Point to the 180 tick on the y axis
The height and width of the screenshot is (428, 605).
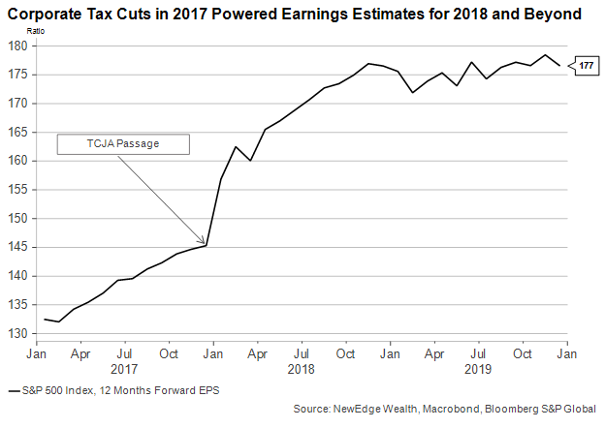(19, 46)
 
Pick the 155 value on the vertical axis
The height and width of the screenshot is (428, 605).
(19, 190)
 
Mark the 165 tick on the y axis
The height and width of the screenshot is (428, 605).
(19, 132)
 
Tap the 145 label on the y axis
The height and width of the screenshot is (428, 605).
(19, 247)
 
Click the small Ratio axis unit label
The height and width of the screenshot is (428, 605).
(18, 33)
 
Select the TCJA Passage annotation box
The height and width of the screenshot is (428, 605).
(123, 143)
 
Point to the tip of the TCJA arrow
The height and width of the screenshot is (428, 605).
(206, 244)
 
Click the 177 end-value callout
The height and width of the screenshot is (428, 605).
(586, 66)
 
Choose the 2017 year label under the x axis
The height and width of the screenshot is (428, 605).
(123, 369)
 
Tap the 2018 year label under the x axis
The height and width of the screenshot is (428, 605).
(302, 369)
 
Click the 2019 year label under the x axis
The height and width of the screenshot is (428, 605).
(479, 369)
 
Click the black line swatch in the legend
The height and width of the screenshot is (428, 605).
(13, 391)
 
